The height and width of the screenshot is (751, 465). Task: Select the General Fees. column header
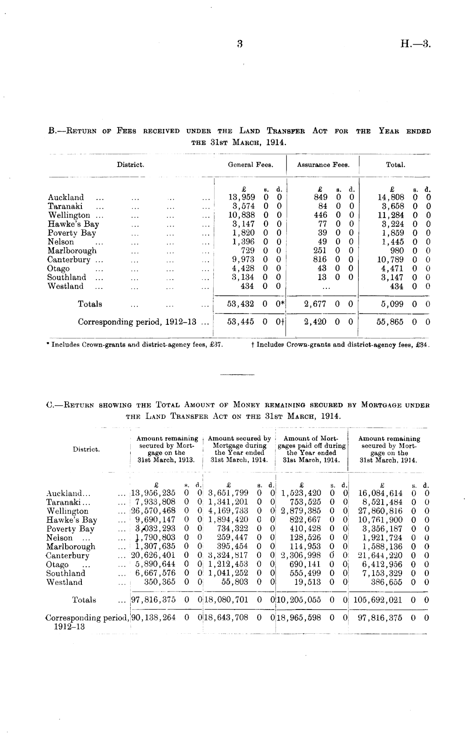[250, 165]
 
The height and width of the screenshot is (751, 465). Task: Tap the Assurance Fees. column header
[323, 165]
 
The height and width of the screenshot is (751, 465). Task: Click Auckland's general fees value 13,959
[242, 197]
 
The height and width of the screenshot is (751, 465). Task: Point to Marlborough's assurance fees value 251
[320, 250]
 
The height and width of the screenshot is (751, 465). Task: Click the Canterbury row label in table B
[68, 260]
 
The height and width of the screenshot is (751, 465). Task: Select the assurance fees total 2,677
[315, 304]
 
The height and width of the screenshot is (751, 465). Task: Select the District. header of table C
[86, 450]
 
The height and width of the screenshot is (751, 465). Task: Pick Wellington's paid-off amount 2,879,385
[301, 511]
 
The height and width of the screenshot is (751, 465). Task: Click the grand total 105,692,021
[378, 600]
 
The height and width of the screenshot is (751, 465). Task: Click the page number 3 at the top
[240, 44]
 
